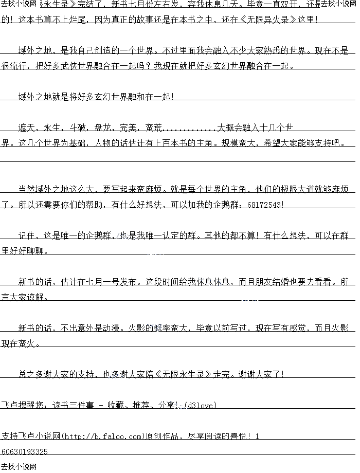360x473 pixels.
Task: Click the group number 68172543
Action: [265, 204]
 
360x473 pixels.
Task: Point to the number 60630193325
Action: [25, 451]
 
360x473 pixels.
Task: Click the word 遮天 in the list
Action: [27, 127]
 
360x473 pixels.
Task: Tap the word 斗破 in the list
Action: [78, 127]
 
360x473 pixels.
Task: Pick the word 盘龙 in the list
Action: [103, 127]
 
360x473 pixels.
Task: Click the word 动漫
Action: [112, 328]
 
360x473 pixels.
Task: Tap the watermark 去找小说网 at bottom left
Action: [19, 467]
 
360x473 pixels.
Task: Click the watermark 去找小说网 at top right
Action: [339, 4]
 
